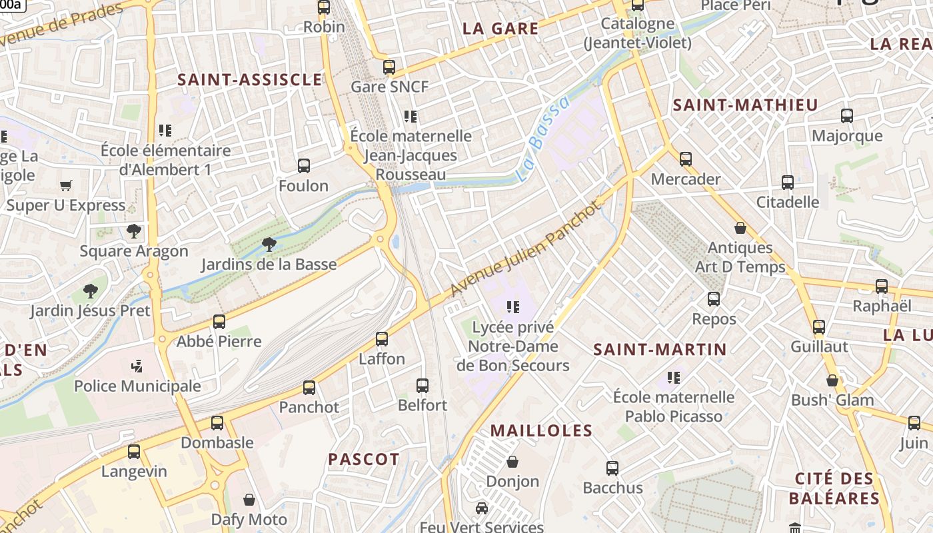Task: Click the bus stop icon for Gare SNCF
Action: [x=389, y=67]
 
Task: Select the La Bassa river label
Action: [x=544, y=139]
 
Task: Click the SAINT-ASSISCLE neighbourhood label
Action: [x=249, y=80]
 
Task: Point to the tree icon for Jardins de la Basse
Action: [x=269, y=245]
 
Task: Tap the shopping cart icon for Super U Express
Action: [x=65, y=185]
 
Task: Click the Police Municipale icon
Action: [x=137, y=366]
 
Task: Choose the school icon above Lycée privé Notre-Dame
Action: [x=512, y=307]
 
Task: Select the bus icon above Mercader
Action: [x=686, y=159]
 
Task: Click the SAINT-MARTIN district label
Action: [x=660, y=349]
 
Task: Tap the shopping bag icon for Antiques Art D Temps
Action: [x=740, y=228]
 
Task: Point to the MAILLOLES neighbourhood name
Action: [x=541, y=430]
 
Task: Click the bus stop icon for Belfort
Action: [x=423, y=385]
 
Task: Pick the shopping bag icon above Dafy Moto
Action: [x=249, y=500]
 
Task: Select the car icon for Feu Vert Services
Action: [x=481, y=508]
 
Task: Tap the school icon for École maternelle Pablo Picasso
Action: [x=674, y=378]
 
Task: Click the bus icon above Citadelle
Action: [x=787, y=182]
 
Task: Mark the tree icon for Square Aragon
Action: [x=134, y=231]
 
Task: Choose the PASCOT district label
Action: [x=364, y=459]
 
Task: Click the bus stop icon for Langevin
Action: [x=134, y=452]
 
